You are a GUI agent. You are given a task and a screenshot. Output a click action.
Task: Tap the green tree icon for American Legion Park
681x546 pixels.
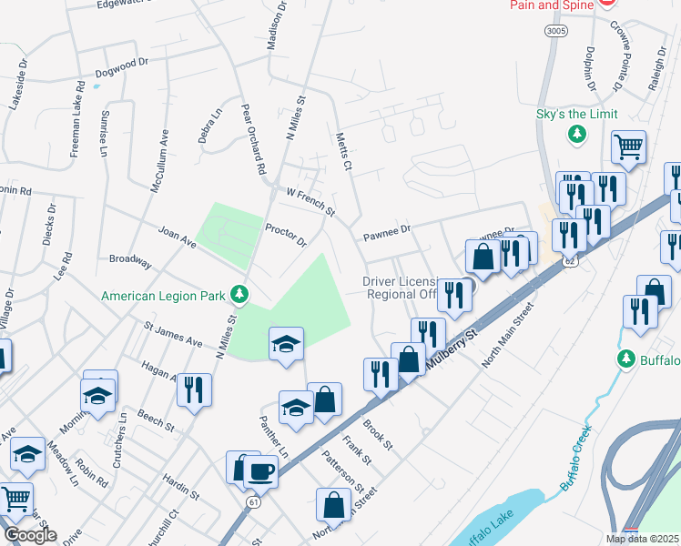[x=239, y=294]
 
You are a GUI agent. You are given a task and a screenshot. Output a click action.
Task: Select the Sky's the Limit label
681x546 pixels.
[x=576, y=114]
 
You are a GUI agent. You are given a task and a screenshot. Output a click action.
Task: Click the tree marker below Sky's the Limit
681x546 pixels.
[x=576, y=135]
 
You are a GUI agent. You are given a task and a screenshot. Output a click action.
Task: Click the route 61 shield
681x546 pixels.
[x=253, y=501]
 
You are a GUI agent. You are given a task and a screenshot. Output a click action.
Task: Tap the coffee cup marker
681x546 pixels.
[x=260, y=471]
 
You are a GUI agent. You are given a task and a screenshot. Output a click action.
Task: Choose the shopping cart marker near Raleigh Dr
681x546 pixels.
[x=628, y=146]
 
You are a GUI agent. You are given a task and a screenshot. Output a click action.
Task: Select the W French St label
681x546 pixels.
[x=310, y=202]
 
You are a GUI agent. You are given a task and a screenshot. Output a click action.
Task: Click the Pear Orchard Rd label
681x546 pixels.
[x=252, y=137]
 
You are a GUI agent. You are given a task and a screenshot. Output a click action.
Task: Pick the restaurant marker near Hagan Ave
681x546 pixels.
[x=194, y=389]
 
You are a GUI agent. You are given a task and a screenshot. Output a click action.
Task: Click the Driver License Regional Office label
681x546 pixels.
[x=402, y=288]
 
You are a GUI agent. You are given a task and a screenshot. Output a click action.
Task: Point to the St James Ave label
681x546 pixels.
[x=173, y=333]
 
